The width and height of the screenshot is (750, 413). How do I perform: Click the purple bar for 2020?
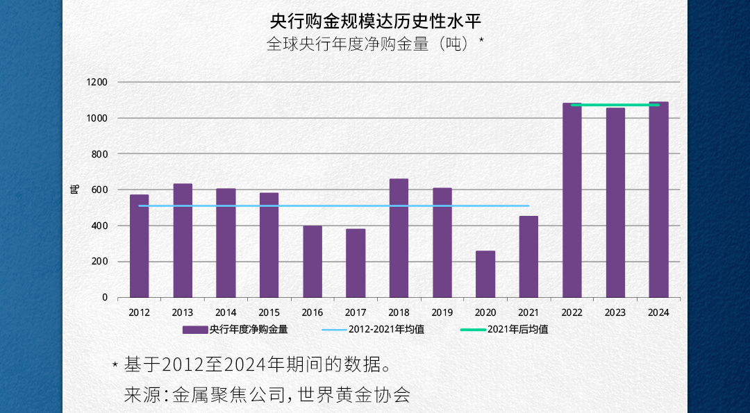point(485,274)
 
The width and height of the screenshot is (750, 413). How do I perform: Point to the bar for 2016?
point(312,262)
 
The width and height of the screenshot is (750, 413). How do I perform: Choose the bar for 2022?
point(572,201)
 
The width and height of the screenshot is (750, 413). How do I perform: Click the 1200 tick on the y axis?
point(97,82)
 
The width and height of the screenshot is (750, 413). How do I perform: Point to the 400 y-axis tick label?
point(100,226)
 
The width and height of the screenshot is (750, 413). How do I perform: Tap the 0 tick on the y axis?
point(105,297)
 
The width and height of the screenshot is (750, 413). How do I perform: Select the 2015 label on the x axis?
point(269,312)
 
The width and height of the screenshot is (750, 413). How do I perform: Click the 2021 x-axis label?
point(528,312)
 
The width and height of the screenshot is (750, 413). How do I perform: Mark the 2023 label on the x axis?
point(615,312)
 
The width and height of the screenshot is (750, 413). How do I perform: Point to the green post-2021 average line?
point(615,105)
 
